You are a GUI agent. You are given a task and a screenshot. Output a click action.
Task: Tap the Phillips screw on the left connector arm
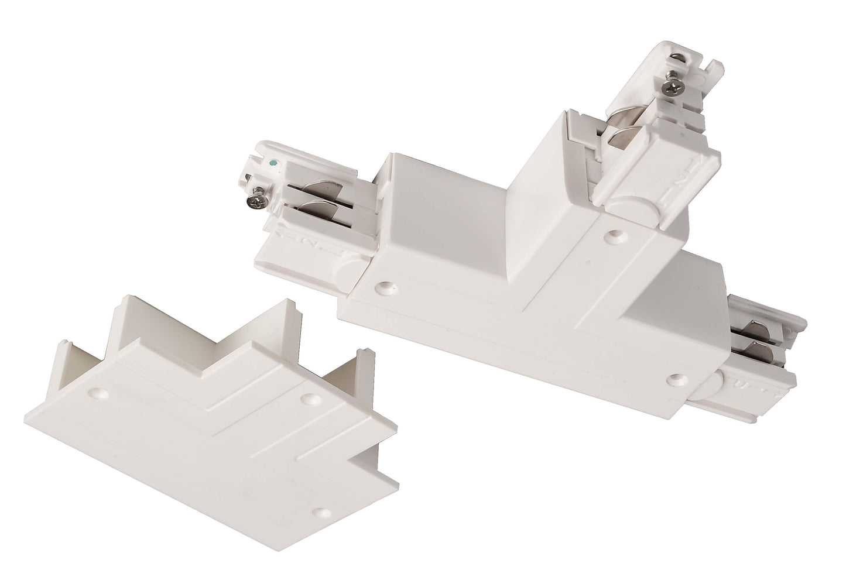pyautogui.click(x=258, y=201)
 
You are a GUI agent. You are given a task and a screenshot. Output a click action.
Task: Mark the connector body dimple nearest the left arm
pyautogui.click(x=384, y=287)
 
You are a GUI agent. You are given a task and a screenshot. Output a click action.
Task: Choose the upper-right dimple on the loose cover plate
pyautogui.click(x=307, y=399)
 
